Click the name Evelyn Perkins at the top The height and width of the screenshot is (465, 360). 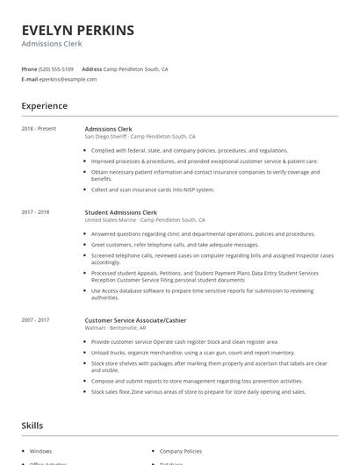pos(78,30)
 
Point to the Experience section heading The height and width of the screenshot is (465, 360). pos(44,106)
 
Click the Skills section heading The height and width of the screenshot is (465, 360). pos(32,426)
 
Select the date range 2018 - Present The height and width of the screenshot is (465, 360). pos(39,129)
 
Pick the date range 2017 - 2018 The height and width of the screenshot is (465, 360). pos(35,212)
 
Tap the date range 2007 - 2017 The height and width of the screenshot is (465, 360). pos(35,320)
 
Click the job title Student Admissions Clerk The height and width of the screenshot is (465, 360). pos(120,212)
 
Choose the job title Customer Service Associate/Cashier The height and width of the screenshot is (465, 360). pos(135,320)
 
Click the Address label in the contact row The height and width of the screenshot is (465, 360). pos(91,68)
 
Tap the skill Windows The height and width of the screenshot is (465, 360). pos(40,451)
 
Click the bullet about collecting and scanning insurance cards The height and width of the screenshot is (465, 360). pos(152,190)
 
